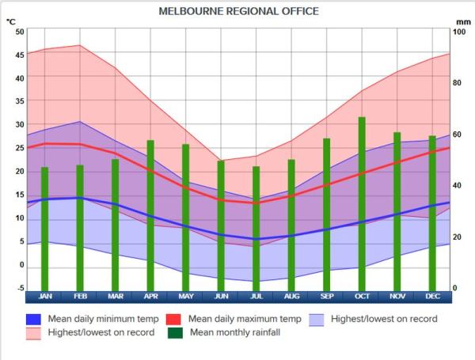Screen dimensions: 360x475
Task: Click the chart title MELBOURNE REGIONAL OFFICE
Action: click(238, 11)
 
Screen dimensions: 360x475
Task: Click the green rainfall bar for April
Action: click(150, 214)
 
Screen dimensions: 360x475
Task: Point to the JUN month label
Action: click(221, 297)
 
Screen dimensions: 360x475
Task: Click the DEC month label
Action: click(432, 297)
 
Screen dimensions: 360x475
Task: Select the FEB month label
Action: click(80, 297)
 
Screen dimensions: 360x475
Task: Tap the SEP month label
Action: click(326, 297)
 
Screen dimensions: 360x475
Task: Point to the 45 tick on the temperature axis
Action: click(20, 55)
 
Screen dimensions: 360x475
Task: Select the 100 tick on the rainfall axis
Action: click(458, 32)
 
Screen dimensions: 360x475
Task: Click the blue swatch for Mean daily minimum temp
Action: click(33, 320)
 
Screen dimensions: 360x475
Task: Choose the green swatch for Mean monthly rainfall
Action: click(175, 333)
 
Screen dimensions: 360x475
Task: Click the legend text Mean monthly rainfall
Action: click(234, 333)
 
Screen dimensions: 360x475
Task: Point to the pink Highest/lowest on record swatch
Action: click(33, 333)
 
